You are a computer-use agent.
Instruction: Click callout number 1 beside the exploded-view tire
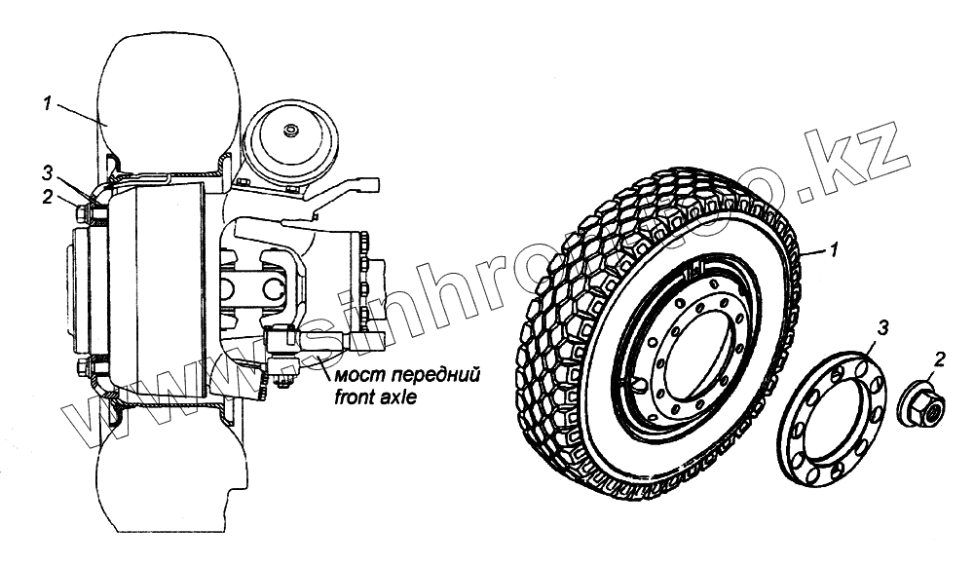coord(834,250)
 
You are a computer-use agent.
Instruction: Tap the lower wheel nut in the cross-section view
coord(81,368)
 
